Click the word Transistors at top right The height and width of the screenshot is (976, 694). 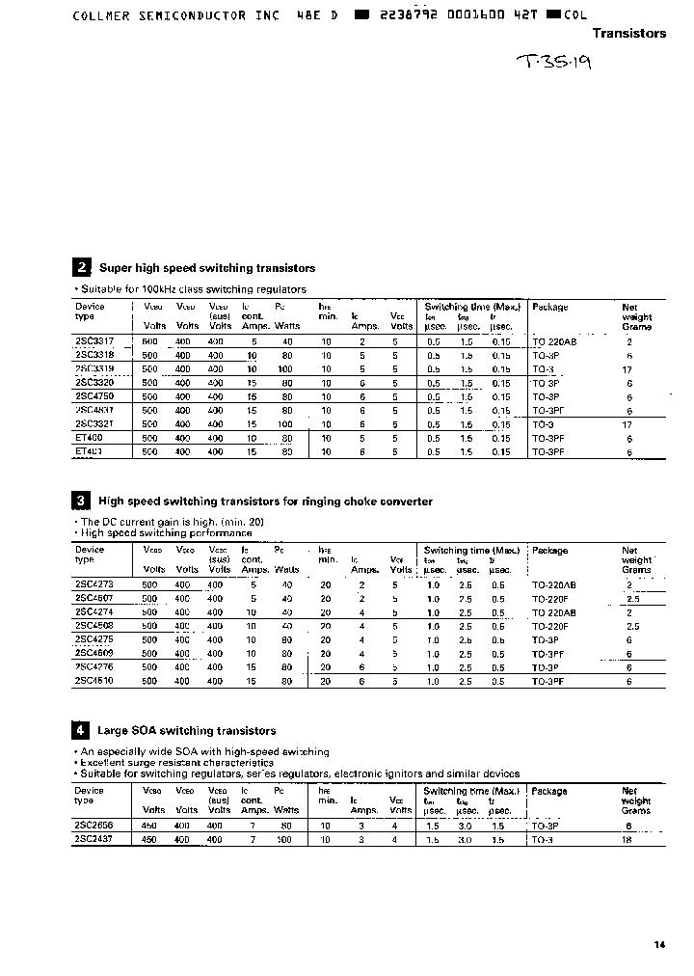tap(628, 33)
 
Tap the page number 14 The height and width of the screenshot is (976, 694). tap(659, 945)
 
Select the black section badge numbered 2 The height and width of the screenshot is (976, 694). tap(82, 268)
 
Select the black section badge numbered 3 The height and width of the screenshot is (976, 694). tap(82, 501)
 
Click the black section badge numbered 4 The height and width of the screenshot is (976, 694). tap(82, 730)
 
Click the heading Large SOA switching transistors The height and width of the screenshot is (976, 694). tap(186, 731)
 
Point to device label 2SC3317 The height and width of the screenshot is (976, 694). tap(94, 341)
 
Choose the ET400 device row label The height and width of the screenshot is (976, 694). tap(89, 438)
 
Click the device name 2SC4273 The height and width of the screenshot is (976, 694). tap(94, 584)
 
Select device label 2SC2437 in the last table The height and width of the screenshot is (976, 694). tap(94, 840)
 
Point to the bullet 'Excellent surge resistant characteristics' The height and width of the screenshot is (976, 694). tap(173, 762)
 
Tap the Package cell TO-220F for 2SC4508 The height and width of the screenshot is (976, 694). tap(549, 626)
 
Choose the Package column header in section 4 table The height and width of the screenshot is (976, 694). tap(549, 791)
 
